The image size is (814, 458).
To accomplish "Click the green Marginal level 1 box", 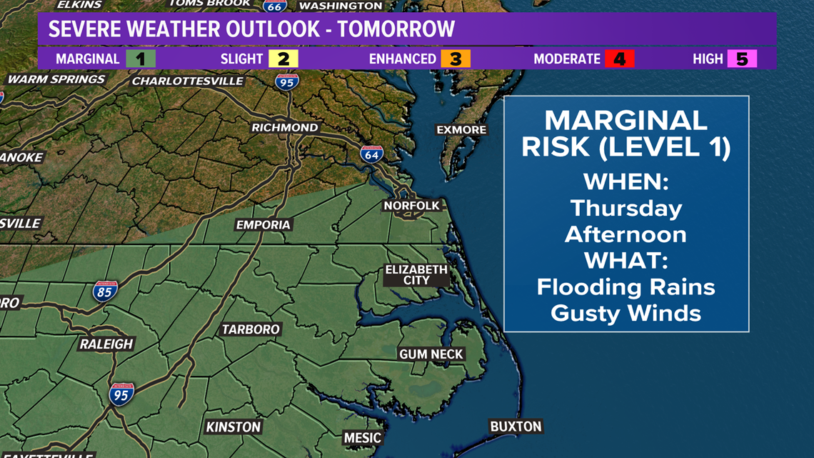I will pyautogui.click(x=141, y=59).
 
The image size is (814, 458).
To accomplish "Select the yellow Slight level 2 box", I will pyautogui.click(x=283, y=59).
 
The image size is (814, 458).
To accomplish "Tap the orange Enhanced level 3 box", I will pyautogui.click(x=455, y=59).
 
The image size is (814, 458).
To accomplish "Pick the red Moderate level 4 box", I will pyautogui.click(x=619, y=59).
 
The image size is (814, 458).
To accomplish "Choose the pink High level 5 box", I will pyautogui.click(x=742, y=59).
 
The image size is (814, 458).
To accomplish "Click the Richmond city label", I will pyautogui.click(x=285, y=127).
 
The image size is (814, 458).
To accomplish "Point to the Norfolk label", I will pyautogui.click(x=412, y=206).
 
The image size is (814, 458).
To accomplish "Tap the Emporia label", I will pyautogui.click(x=263, y=224).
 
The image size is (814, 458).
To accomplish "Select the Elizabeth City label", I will pyautogui.click(x=416, y=275).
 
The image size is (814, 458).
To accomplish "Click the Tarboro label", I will pyautogui.click(x=251, y=329).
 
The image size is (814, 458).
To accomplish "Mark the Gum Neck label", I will pyautogui.click(x=431, y=354).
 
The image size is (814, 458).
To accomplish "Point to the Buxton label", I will pyautogui.click(x=516, y=427).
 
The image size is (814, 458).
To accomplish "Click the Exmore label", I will pyautogui.click(x=461, y=129).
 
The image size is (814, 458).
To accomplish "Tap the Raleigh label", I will pyautogui.click(x=106, y=344).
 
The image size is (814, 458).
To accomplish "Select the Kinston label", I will pyautogui.click(x=233, y=427).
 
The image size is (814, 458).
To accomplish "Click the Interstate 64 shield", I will pyautogui.click(x=371, y=154).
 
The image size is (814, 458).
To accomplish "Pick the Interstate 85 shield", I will pyautogui.click(x=104, y=291).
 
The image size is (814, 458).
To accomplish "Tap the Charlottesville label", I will pyautogui.click(x=188, y=81).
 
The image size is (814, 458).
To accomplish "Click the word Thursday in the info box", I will pyautogui.click(x=626, y=208).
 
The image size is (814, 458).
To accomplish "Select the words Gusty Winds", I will pyautogui.click(x=626, y=312).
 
